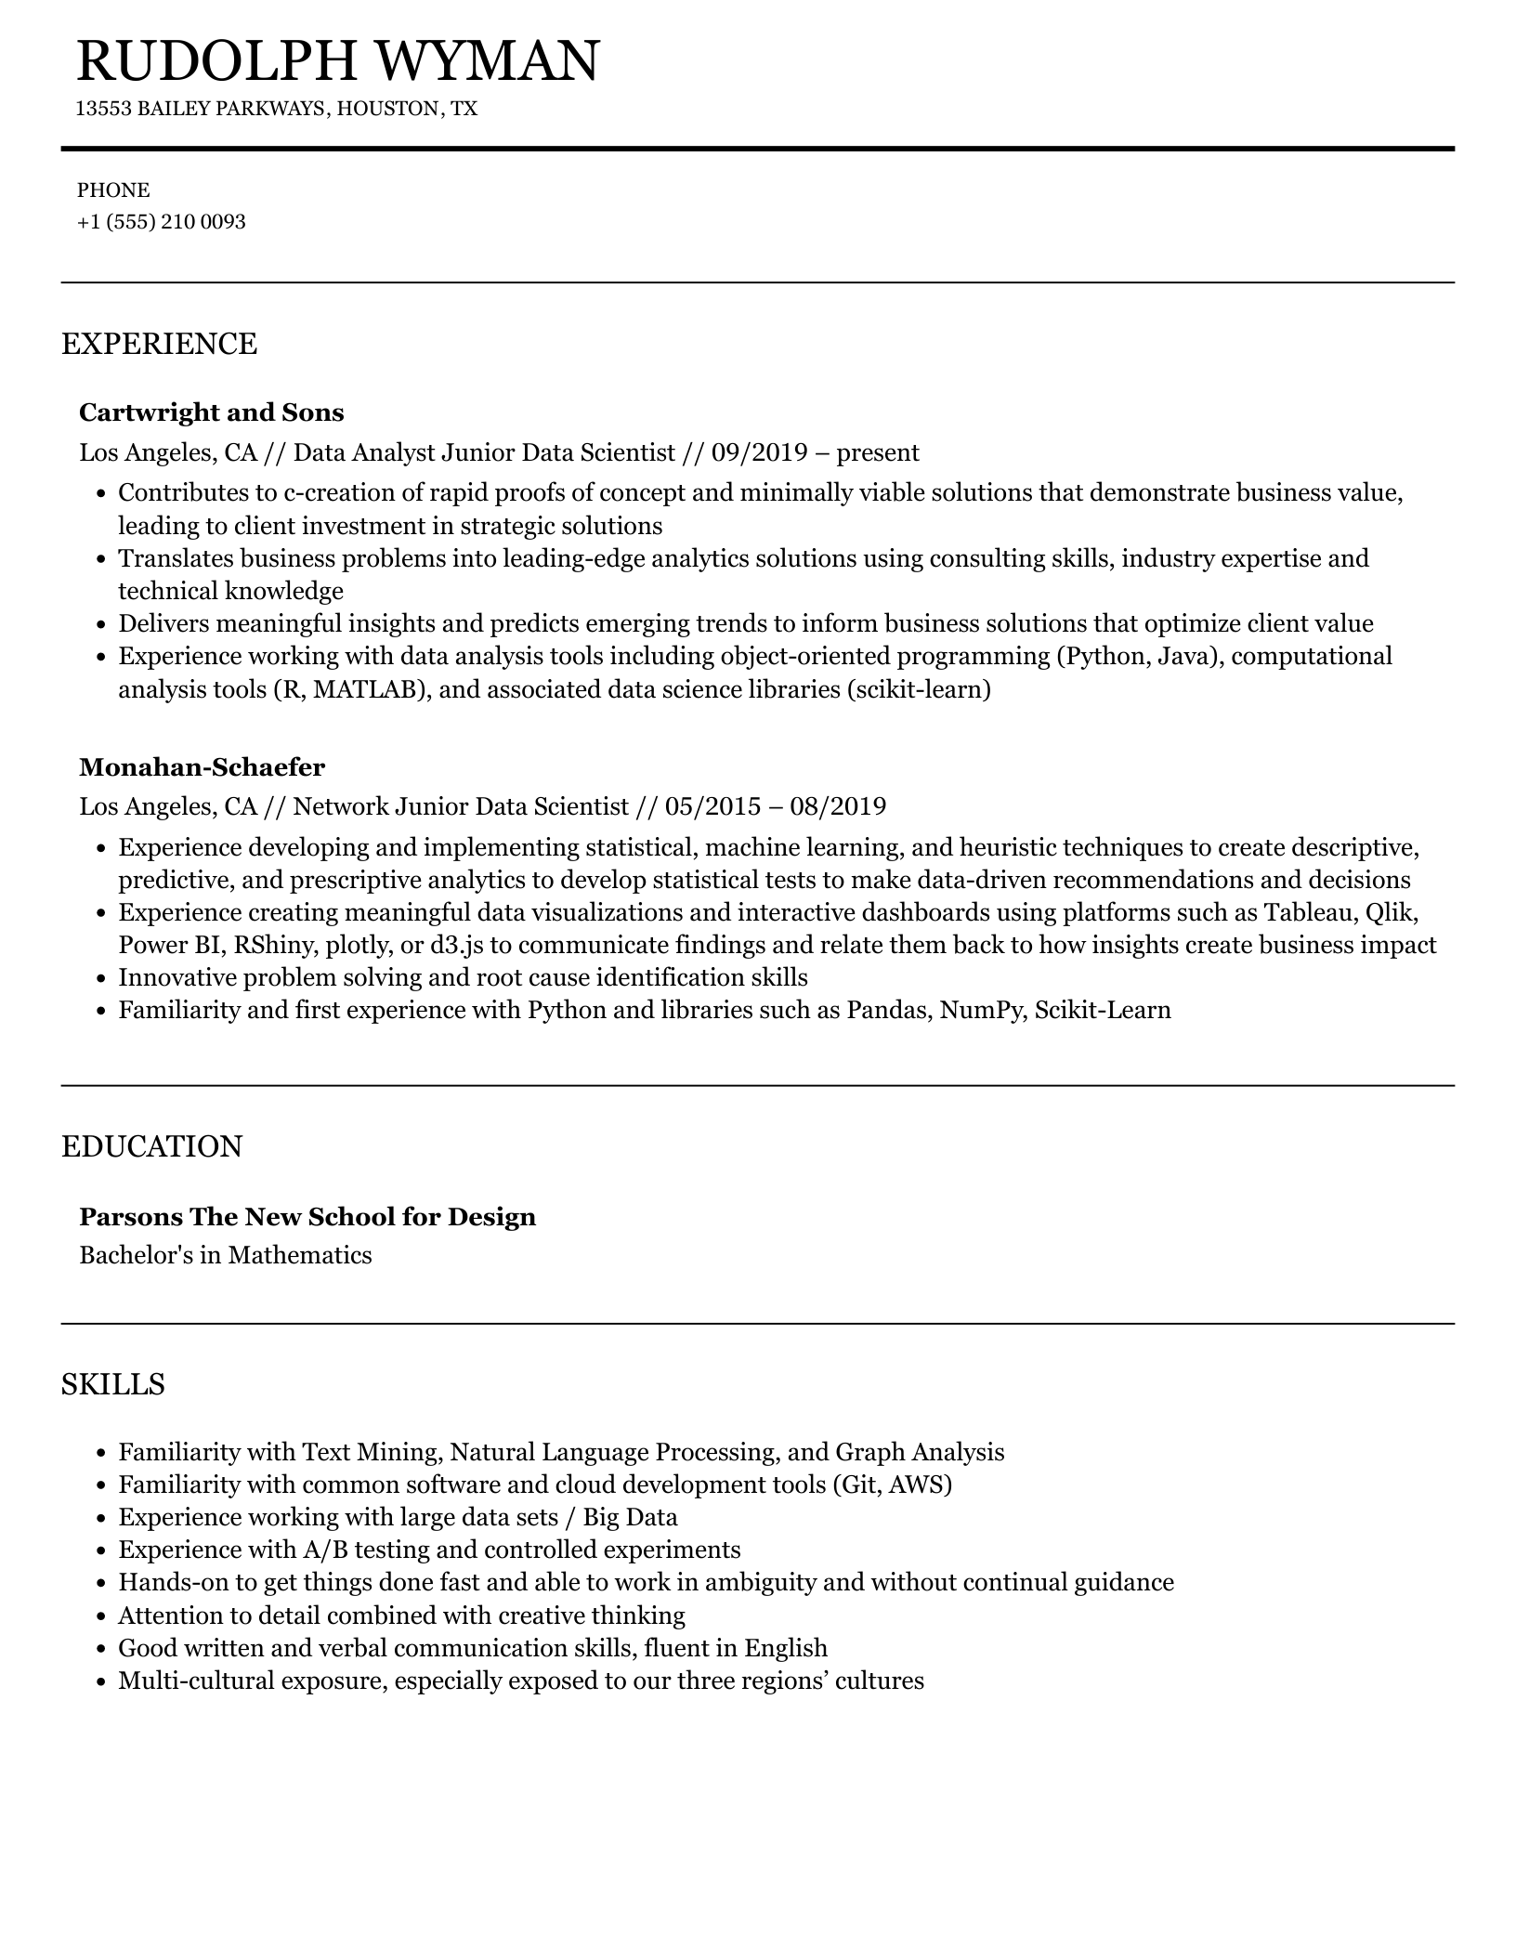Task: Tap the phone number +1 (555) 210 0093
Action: pyautogui.click(x=162, y=222)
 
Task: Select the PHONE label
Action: pyautogui.click(x=113, y=190)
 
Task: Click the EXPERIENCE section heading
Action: pyautogui.click(x=159, y=344)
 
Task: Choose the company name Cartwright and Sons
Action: pyautogui.click(x=212, y=412)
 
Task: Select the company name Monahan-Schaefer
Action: pyautogui.click(x=203, y=767)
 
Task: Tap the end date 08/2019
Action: pyautogui.click(x=838, y=806)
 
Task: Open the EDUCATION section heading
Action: pyautogui.click(x=151, y=1146)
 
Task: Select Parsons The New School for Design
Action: pyautogui.click(x=307, y=1217)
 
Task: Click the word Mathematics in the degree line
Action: pyautogui.click(x=300, y=1256)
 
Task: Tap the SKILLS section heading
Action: pyautogui.click(x=113, y=1384)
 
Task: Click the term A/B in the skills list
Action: pyautogui.click(x=324, y=1550)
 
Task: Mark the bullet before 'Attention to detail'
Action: pyautogui.click(x=100, y=1615)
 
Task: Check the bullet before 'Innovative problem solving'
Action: pyautogui.click(x=100, y=978)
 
